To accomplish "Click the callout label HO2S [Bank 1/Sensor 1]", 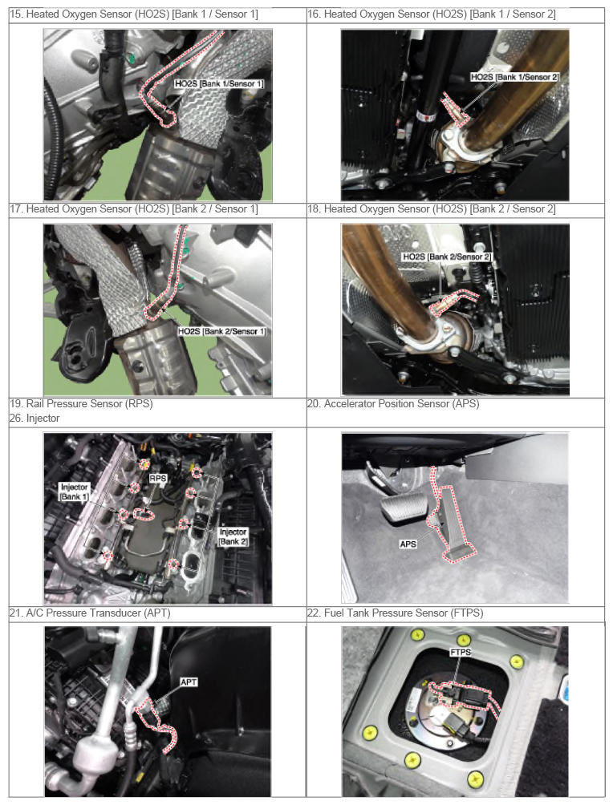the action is pyautogui.click(x=219, y=83).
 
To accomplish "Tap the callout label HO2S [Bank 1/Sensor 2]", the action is pyautogui.click(x=514, y=76).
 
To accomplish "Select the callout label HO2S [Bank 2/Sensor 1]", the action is pyautogui.click(x=222, y=331).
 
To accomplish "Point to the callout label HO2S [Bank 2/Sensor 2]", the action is pyautogui.click(x=447, y=257).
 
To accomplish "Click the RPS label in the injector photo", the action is pyautogui.click(x=158, y=478).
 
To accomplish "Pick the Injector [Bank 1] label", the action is pyautogui.click(x=75, y=491).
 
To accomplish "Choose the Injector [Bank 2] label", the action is pyautogui.click(x=233, y=536).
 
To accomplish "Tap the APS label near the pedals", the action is pyautogui.click(x=408, y=544).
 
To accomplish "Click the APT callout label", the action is pyautogui.click(x=189, y=682).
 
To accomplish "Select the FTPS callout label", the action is pyautogui.click(x=461, y=652).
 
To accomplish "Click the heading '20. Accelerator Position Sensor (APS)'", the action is pyautogui.click(x=393, y=403).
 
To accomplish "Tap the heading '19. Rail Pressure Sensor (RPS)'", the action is pyautogui.click(x=81, y=403).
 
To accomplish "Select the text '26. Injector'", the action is pyautogui.click(x=35, y=418).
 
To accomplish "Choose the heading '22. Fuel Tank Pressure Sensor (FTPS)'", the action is pyautogui.click(x=395, y=613).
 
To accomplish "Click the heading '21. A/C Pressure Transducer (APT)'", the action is pyautogui.click(x=89, y=613).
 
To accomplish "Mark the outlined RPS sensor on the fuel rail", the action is pyautogui.click(x=144, y=514).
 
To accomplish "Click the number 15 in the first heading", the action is pyautogui.click(x=15, y=14).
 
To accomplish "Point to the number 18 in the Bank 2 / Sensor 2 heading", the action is pyautogui.click(x=313, y=209).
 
